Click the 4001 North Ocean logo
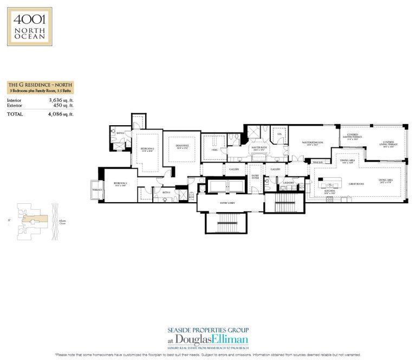point(29,26)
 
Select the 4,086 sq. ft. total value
point(61,114)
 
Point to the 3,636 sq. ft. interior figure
point(61,100)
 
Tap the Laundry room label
point(288,183)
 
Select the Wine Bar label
point(317,162)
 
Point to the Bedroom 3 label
point(120,184)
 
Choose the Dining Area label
point(347,160)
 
